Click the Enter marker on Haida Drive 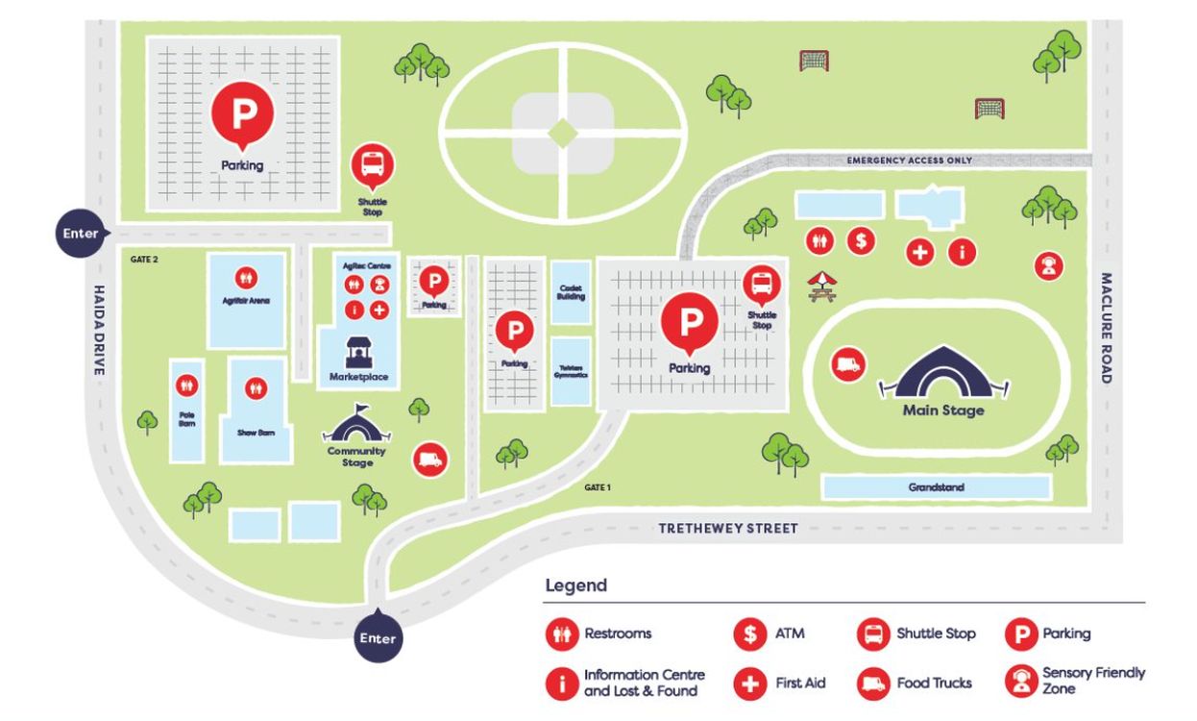(x=81, y=234)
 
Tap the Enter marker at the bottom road (x=377, y=637)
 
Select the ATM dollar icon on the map (x=860, y=240)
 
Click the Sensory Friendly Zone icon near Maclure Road (x=1048, y=265)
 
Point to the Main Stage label (x=943, y=410)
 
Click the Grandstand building (x=936, y=487)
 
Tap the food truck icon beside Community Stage (x=429, y=460)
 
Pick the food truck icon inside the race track (x=848, y=364)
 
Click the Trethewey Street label (x=728, y=529)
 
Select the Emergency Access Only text (x=909, y=161)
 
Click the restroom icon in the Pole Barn (x=187, y=385)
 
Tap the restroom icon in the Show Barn (x=256, y=387)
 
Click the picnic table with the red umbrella (x=822, y=286)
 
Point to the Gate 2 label (x=143, y=260)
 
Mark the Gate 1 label (x=597, y=487)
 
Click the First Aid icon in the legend (x=748, y=684)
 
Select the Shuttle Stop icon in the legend (x=873, y=634)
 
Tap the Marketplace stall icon (x=357, y=354)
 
